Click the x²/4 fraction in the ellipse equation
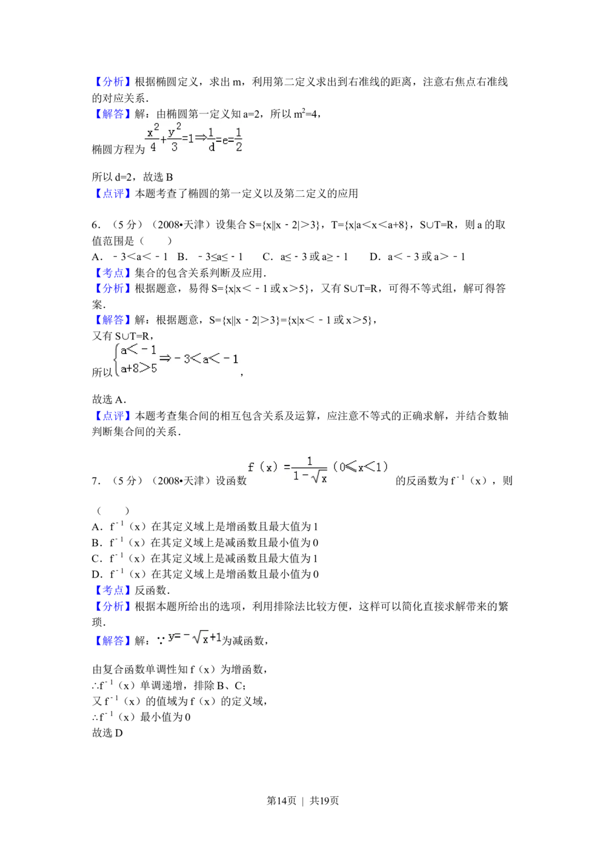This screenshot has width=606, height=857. [x=151, y=139]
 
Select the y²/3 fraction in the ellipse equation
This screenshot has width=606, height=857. [x=175, y=139]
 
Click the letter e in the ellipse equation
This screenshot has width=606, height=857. [x=225, y=140]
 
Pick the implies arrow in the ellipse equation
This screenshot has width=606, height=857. [x=201, y=138]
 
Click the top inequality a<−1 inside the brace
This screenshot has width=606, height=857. [x=139, y=350]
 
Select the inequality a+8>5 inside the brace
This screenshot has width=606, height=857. [x=139, y=367]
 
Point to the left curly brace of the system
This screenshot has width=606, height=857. [x=115, y=359]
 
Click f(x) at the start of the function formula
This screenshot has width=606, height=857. [x=262, y=467]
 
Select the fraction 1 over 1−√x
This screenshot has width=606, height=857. [x=309, y=470]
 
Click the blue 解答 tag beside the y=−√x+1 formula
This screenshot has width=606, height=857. [x=112, y=641]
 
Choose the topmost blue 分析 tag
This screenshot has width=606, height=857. [x=112, y=81]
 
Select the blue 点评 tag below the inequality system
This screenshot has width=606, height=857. [x=112, y=415]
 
